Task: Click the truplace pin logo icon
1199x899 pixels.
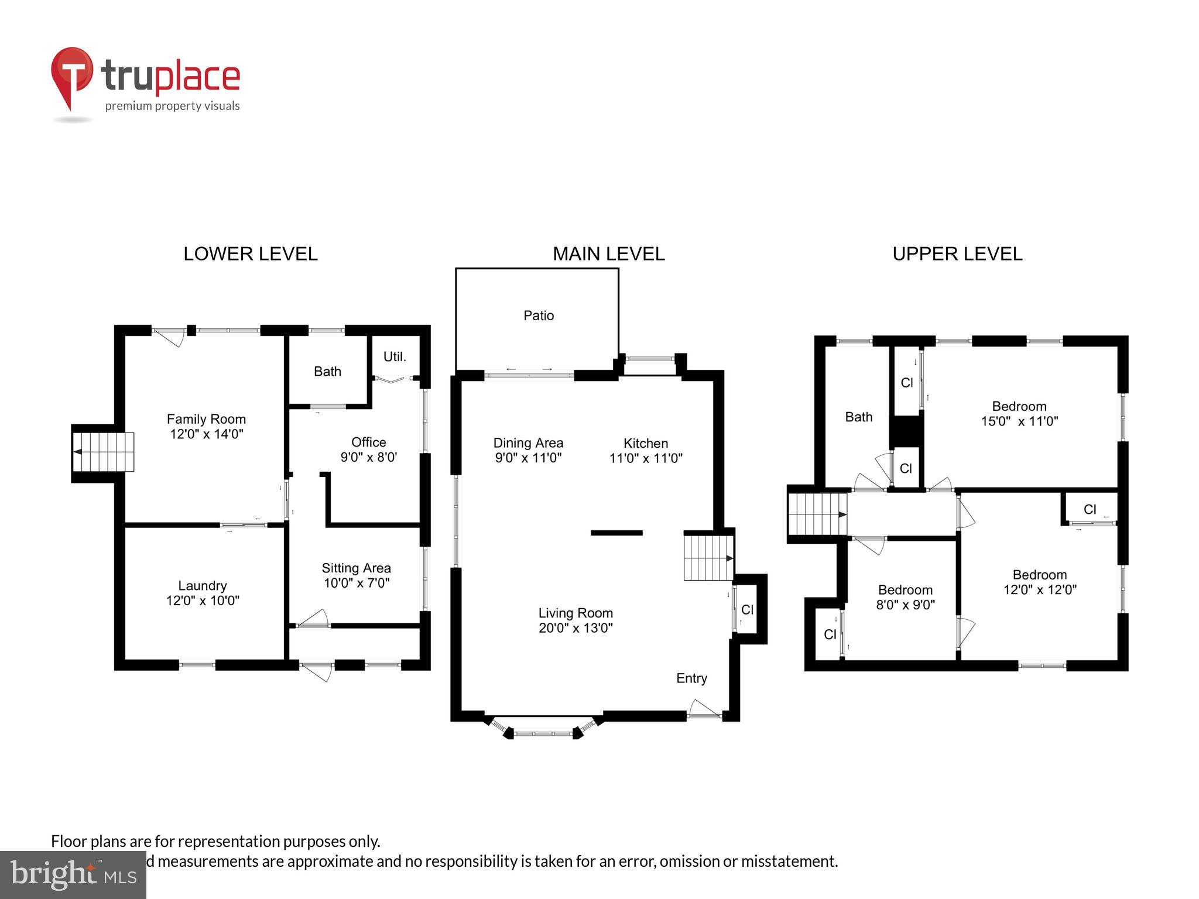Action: click(72, 77)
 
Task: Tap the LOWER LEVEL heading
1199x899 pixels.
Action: click(251, 254)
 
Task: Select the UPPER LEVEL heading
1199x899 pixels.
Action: click(957, 254)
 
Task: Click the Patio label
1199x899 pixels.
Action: click(539, 315)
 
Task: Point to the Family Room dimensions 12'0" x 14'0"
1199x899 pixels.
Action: click(206, 434)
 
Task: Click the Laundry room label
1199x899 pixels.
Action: click(203, 585)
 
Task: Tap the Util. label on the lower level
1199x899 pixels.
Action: click(395, 356)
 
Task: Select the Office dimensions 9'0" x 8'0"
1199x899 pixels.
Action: click(369, 457)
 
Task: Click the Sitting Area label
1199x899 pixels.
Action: click(356, 568)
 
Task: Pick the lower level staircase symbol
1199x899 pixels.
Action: click(103, 452)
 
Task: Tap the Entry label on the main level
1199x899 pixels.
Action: click(691, 678)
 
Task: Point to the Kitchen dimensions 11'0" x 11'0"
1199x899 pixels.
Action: click(646, 458)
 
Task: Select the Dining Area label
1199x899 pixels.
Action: click(528, 443)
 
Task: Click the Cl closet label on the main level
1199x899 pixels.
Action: click(747, 610)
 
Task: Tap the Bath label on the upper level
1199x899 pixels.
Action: click(858, 417)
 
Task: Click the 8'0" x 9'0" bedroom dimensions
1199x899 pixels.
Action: click(905, 605)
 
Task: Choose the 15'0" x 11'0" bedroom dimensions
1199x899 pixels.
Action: click(1019, 421)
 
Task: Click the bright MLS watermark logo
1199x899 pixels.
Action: click(73, 875)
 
